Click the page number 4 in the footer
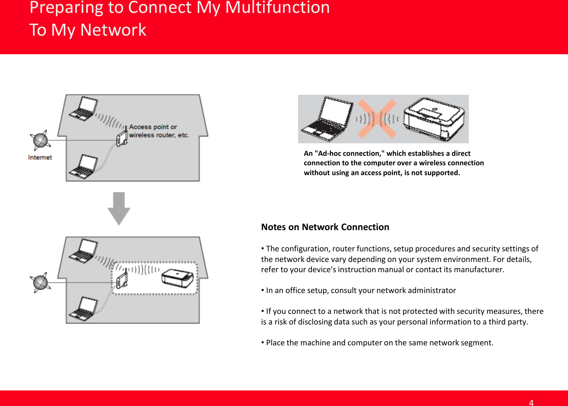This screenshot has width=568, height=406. click(531, 403)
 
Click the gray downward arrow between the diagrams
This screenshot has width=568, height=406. click(119, 208)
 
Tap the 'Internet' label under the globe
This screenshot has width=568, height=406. click(40, 157)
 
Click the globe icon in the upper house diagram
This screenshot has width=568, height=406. click(40, 140)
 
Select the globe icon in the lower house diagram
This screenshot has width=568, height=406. click(40, 282)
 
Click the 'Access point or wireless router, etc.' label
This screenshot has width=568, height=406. click(159, 131)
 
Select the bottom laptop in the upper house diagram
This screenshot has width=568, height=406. click(83, 167)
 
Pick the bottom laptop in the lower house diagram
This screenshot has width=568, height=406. click(83, 309)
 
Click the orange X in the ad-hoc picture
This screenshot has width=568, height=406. click(377, 119)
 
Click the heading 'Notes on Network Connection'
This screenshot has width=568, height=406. click(325, 227)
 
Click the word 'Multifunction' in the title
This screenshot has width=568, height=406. click(277, 8)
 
